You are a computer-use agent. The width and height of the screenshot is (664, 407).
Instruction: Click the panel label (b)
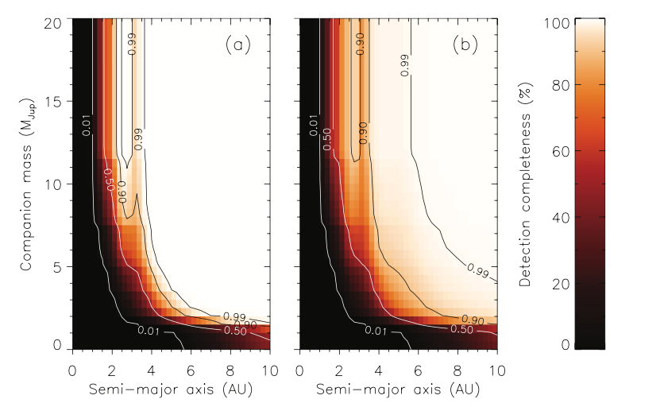tap(465, 45)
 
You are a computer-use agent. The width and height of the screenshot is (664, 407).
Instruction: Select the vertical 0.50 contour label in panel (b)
tap(328, 131)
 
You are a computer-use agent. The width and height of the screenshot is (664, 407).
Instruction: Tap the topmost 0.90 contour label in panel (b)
tap(360, 45)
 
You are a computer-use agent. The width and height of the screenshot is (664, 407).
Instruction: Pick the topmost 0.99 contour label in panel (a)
tap(132, 45)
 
